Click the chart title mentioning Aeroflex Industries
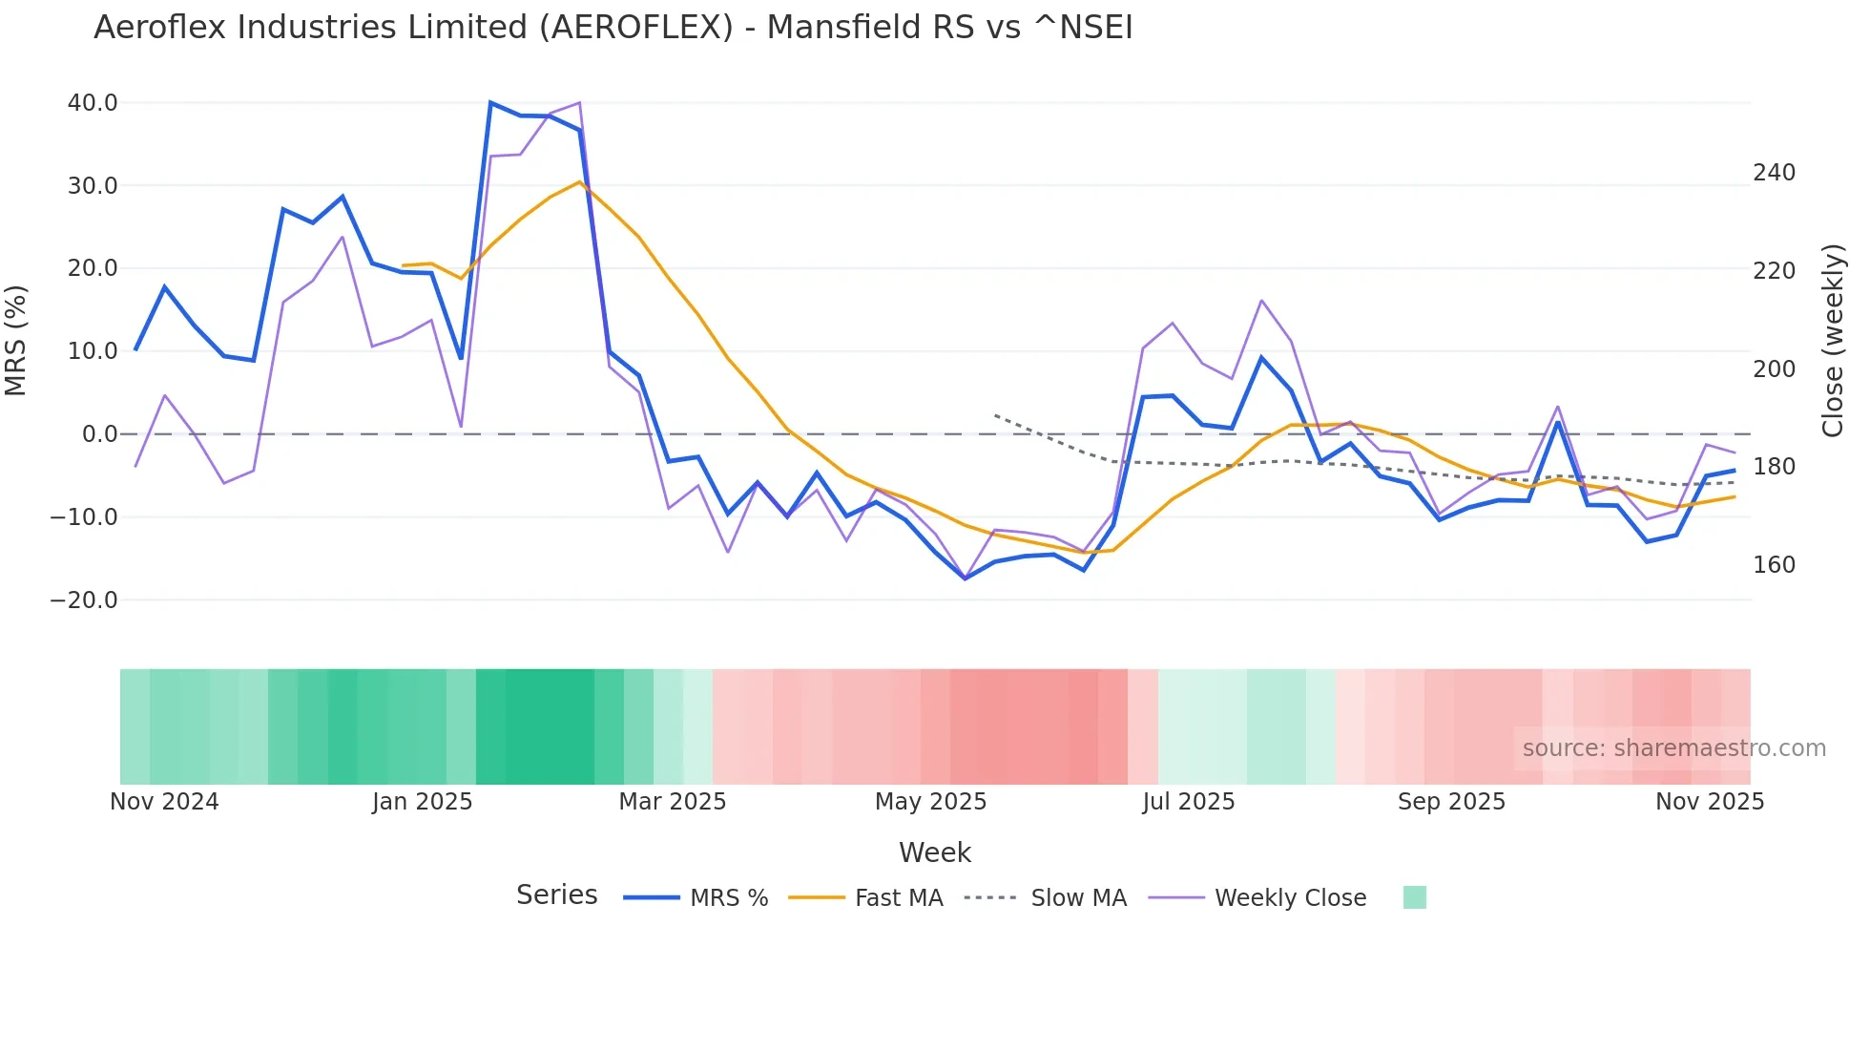pyautogui.click(x=613, y=28)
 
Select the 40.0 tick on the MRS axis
pyautogui.click(x=93, y=103)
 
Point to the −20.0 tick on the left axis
pyautogui.click(x=84, y=600)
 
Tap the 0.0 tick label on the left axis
pyautogui.click(x=99, y=434)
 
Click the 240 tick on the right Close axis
pyautogui.click(x=1774, y=173)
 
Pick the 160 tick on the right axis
pyautogui.click(x=1774, y=565)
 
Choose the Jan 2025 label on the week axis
pyautogui.click(x=422, y=802)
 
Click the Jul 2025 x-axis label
pyautogui.click(x=1188, y=802)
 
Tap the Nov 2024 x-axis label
pyautogui.click(x=164, y=802)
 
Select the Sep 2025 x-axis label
pyautogui.click(x=1451, y=802)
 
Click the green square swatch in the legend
pyautogui.click(x=1414, y=897)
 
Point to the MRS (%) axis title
pyautogui.click(x=16, y=341)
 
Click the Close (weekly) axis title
pyautogui.click(x=1833, y=341)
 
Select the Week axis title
pyautogui.click(x=934, y=852)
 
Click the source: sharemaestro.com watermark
pyautogui.click(x=1673, y=748)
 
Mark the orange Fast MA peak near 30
pyautogui.click(x=579, y=181)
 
